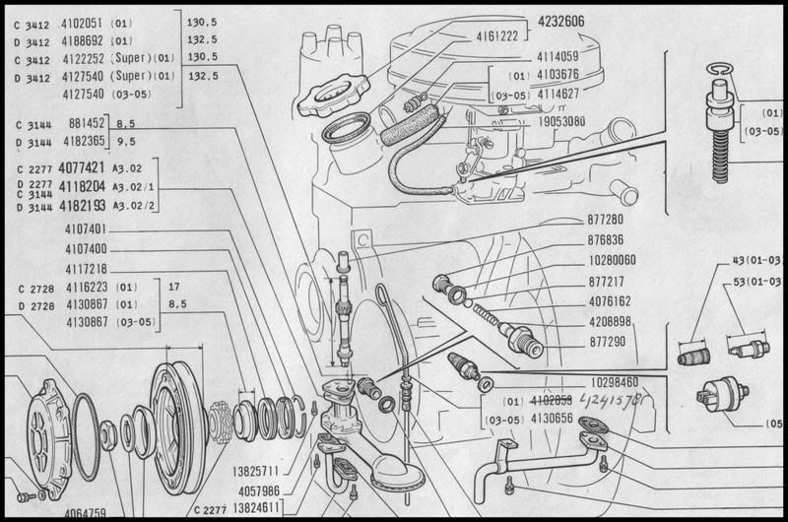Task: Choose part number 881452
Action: point(85,124)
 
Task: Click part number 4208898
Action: point(610,322)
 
